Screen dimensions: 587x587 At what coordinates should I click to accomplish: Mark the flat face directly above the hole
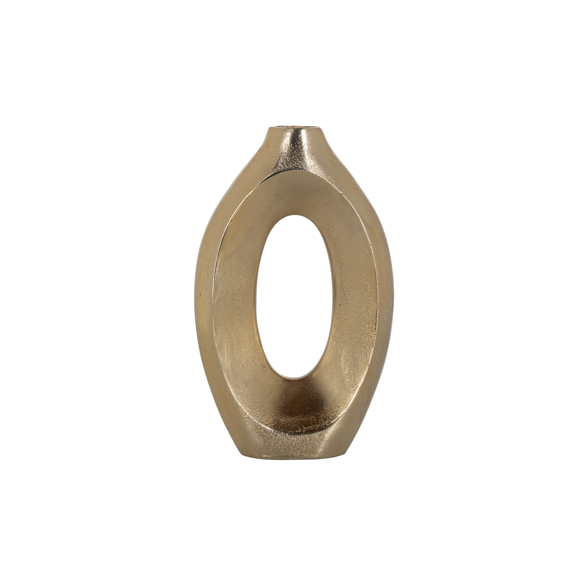point(298,193)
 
